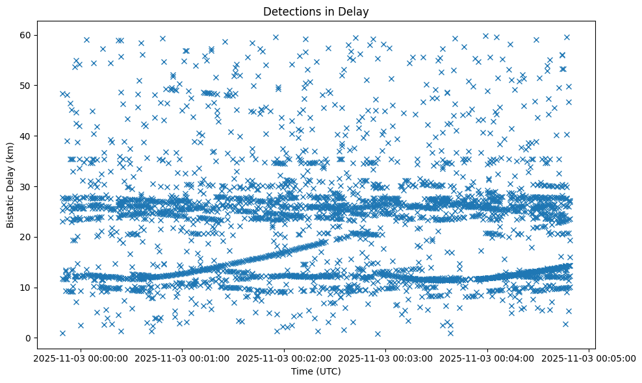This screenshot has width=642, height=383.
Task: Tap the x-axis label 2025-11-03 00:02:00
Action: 283,358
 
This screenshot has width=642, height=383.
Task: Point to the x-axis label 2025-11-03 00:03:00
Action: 385,358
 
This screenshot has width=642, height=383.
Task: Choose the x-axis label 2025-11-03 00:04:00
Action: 487,358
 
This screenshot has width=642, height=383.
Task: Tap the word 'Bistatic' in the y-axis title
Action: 11,209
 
